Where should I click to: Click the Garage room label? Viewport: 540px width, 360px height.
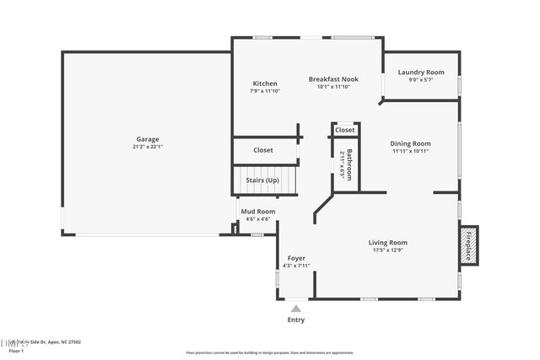(148, 140)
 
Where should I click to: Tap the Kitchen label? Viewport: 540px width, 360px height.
(265, 83)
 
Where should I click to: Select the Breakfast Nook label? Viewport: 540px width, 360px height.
(332, 79)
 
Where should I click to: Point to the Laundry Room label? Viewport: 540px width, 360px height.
(421, 73)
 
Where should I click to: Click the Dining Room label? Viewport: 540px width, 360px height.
(411, 143)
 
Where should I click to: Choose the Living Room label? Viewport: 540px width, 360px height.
(388, 243)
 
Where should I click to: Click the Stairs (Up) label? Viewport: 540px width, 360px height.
(262, 180)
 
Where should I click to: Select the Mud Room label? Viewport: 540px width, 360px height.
(257, 212)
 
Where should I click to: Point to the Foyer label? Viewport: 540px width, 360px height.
(296, 258)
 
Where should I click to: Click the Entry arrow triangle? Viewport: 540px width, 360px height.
(296, 309)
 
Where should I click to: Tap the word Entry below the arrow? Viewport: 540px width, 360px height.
(296, 320)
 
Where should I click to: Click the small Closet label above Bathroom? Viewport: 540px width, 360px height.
(344, 130)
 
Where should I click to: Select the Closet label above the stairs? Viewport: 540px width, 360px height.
(263, 150)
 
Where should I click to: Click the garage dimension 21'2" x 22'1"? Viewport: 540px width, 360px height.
(148, 148)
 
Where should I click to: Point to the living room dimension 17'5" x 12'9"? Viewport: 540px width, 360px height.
(388, 250)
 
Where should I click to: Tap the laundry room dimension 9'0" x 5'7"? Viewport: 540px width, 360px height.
(421, 80)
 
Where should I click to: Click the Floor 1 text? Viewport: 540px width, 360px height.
(16, 350)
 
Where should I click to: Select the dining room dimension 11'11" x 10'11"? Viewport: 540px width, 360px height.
(411, 151)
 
